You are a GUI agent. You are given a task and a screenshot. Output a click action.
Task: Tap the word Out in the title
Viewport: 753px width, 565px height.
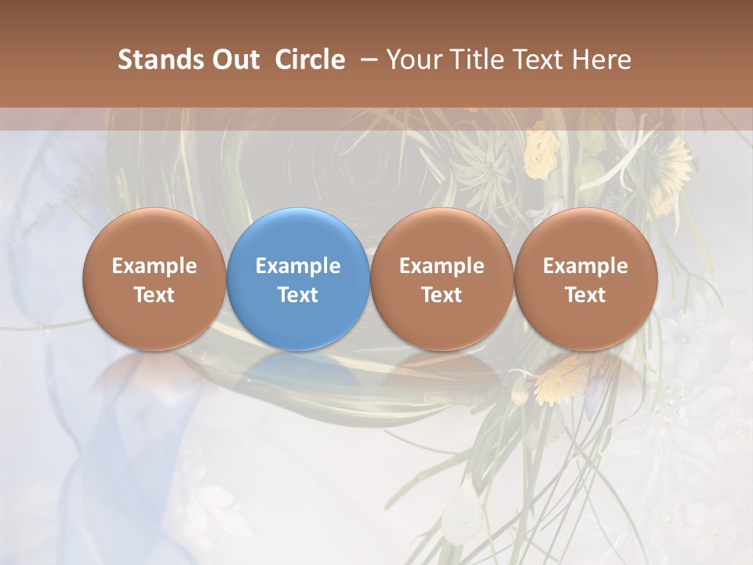[234, 60]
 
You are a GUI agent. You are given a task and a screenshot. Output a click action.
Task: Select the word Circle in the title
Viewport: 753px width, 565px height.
[310, 60]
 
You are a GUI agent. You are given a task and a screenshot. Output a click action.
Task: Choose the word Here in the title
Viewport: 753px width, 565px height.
[602, 60]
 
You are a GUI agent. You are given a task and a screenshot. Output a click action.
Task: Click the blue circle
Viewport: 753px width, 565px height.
[298, 279]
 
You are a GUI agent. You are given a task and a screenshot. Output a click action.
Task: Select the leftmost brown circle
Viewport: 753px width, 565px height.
[155, 279]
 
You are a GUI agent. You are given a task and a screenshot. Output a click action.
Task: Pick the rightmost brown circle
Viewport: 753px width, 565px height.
[585, 279]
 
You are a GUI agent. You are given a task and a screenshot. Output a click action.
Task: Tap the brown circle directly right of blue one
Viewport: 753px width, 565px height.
[442, 279]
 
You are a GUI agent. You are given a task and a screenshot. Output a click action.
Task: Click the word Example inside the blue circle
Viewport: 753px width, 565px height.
[298, 266]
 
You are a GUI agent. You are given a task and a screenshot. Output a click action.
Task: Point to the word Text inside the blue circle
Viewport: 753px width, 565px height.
[298, 295]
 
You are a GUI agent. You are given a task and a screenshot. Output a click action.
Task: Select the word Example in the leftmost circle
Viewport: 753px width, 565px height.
[155, 266]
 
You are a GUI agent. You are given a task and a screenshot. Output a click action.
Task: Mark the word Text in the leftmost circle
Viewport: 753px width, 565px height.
[155, 295]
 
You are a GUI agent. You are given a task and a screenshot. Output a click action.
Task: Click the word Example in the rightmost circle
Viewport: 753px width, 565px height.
[585, 266]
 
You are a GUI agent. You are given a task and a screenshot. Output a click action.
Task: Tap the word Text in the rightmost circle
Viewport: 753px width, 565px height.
[585, 295]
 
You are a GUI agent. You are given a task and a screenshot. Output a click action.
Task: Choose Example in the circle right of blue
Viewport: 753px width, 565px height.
[442, 266]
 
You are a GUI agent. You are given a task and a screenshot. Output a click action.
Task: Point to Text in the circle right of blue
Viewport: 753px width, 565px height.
[442, 295]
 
